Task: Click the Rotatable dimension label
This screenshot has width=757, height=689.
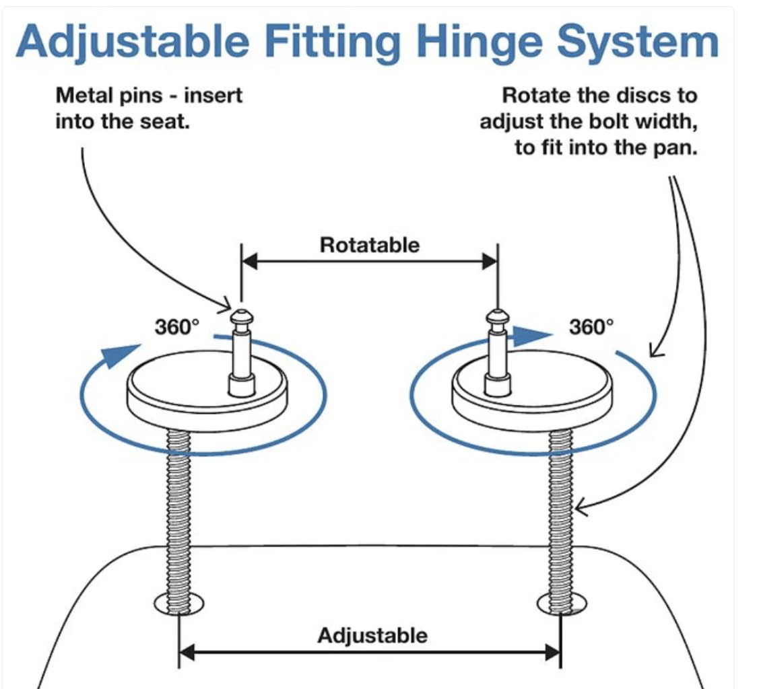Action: click(x=369, y=245)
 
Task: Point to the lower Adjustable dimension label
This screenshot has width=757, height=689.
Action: click(x=372, y=635)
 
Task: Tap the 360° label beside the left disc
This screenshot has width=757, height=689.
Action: click(x=177, y=328)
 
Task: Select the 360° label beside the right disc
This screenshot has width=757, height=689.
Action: click(x=592, y=328)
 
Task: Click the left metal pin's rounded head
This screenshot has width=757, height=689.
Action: click(x=240, y=317)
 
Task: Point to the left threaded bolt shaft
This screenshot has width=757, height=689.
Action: click(x=178, y=511)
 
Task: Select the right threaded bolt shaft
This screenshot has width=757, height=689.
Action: click(x=560, y=511)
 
